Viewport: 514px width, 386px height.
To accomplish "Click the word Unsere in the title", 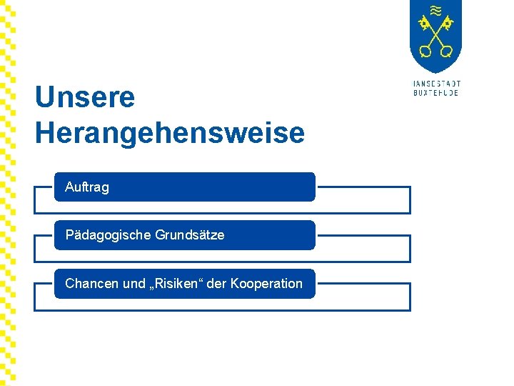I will (x=85, y=97).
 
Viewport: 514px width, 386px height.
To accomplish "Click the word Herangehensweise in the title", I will (x=170, y=133).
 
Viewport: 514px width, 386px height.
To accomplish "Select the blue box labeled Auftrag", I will (x=184, y=187).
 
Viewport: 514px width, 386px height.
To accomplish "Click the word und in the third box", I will (x=133, y=284).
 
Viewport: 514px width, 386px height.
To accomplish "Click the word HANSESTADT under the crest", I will (x=436, y=84).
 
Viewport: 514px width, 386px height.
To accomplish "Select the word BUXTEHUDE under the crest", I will (x=436, y=93).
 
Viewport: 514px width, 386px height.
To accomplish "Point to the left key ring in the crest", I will (x=425, y=51).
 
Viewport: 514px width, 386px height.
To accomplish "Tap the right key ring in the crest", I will (x=446, y=51).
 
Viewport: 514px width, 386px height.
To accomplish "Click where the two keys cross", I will (x=435, y=36).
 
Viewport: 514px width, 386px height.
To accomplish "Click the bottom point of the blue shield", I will (x=435, y=71).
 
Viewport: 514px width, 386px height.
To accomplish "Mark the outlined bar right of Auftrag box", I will (x=363, y=200).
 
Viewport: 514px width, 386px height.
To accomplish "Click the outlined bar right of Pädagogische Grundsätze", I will (x=363, y=248).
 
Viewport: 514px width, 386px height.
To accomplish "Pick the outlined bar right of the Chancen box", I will (x=363, y=297).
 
